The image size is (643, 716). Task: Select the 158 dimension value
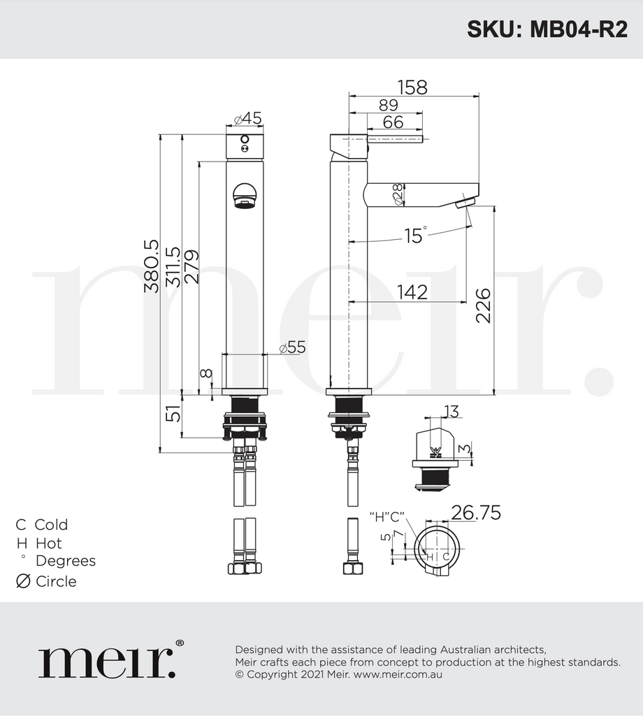tap(412, 87)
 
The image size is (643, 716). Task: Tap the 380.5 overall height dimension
tap(151, 266)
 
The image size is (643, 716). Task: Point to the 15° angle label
tap(414, 236)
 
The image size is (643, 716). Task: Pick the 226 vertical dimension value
tap(483, 306)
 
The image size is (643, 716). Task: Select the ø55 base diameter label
tap(292, 348)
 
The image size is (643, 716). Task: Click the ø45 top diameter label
tap(248, 119)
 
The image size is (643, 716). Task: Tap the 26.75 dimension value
tap(475, 513)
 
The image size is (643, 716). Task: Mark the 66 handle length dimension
tap(393, 122)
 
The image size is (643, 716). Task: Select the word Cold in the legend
tap(51, 524)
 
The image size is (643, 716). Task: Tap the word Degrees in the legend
tap(66, 561)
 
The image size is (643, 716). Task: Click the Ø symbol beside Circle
tap(23, 581)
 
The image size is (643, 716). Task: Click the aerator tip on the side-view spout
tap(465, 203)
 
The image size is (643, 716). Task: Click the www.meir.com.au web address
tap(397, 675)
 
